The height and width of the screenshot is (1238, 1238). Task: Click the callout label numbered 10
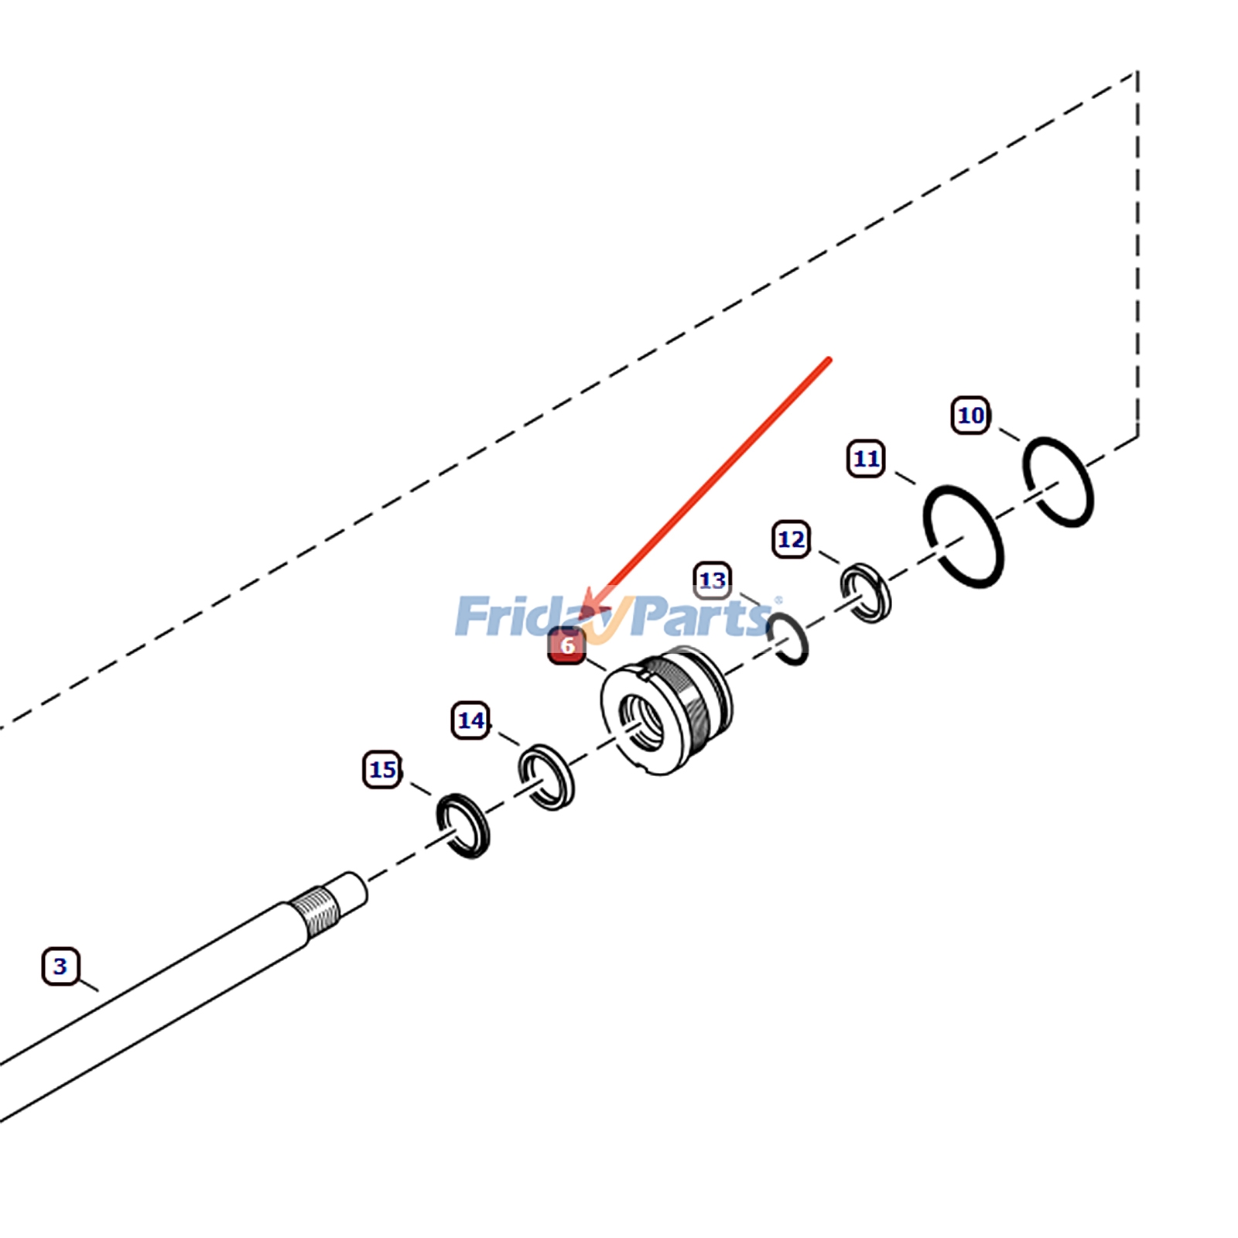pos(970,416)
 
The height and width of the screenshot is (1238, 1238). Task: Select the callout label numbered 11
pos(866,459)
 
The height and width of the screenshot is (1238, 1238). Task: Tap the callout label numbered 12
pos(791,539)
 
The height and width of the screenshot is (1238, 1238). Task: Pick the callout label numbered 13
pos(712,580)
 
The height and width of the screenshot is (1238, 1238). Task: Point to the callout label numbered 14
pos(470,720)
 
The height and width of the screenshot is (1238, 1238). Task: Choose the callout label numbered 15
pos(382,770)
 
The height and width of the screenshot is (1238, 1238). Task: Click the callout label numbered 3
pos(60,966)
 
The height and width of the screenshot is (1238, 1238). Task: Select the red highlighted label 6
pos(567,645)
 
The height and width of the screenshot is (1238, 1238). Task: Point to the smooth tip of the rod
pos(350,891)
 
